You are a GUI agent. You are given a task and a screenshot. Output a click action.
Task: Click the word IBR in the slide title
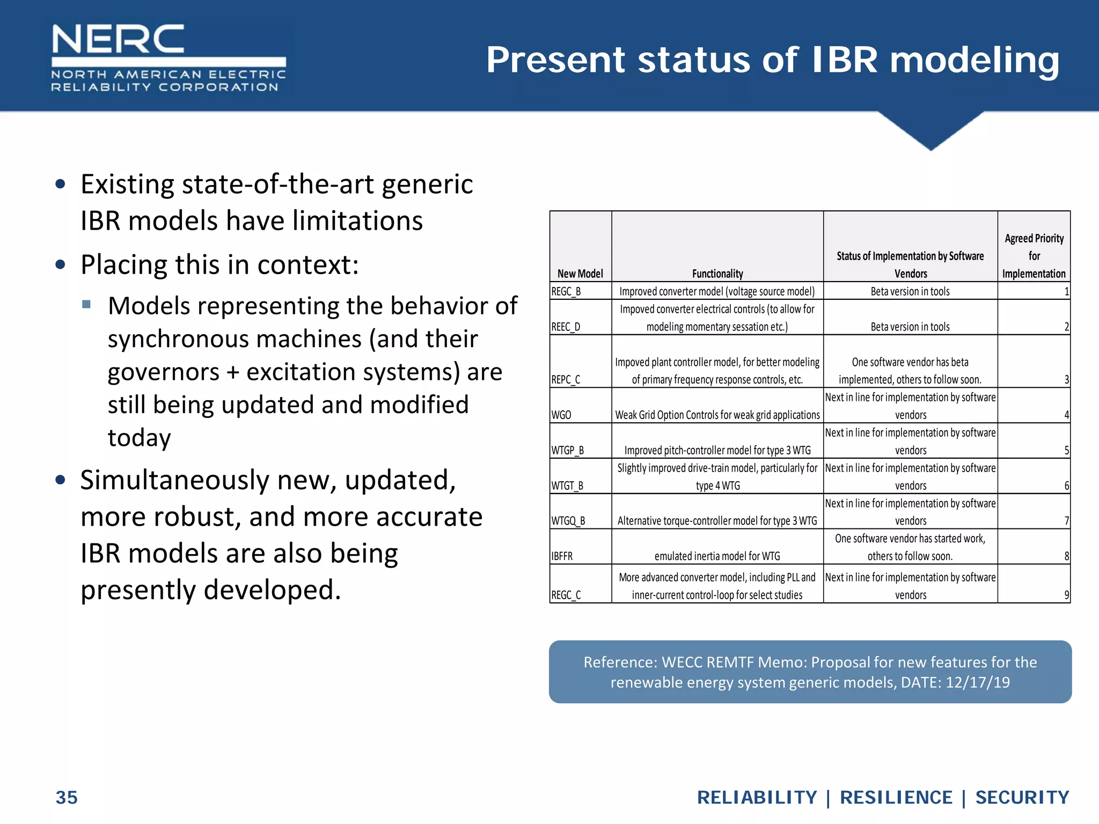845,60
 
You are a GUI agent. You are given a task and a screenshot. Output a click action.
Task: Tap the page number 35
67,797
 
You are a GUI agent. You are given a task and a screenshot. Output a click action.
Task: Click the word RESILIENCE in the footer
896,797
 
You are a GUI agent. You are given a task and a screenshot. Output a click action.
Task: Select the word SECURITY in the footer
1022,797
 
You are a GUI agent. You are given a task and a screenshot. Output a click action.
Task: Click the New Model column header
580,274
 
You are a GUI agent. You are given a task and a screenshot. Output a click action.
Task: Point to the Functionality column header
717,274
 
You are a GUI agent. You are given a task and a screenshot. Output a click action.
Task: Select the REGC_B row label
566,291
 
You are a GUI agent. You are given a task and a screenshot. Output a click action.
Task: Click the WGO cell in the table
561,415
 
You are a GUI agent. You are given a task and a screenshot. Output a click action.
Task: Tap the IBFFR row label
562,556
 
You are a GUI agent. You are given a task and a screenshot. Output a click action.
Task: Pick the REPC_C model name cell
566,380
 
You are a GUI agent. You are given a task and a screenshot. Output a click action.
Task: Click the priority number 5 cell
1066,450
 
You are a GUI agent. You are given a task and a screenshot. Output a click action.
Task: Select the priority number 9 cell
1066,595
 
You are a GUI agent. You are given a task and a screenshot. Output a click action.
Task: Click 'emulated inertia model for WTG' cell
717,556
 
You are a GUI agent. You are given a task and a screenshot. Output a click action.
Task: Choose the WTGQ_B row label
568,521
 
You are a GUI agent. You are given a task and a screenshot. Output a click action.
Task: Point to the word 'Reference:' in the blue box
620,662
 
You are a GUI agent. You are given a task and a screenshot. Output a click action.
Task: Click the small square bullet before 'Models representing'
86,305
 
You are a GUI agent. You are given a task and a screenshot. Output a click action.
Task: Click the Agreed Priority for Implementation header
1034,256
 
